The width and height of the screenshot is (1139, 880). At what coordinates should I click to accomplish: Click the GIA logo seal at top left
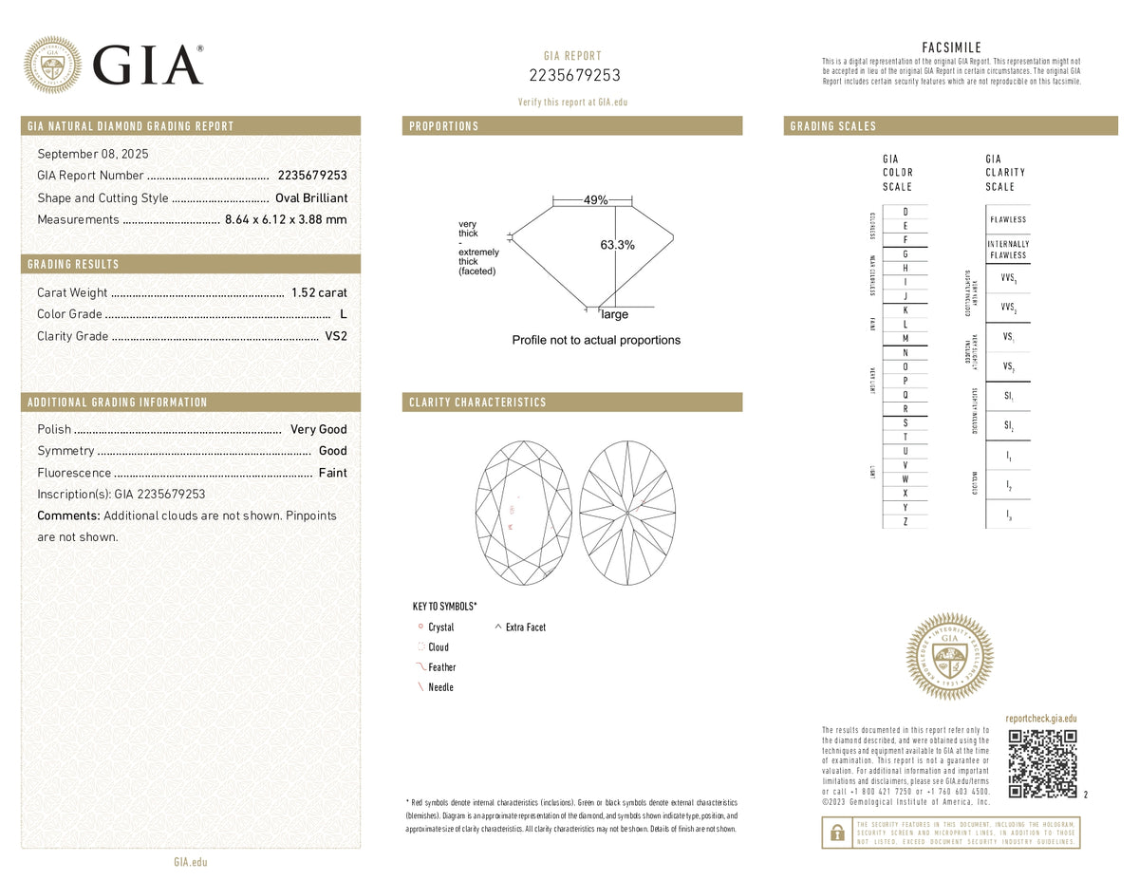[x=52, y=65]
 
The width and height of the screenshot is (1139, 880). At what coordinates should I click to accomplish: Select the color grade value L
[x=343, y=314]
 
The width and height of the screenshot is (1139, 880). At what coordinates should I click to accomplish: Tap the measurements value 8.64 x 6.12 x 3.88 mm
[x=286, y=220]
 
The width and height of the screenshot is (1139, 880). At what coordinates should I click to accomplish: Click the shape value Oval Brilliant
[x=311, y=198]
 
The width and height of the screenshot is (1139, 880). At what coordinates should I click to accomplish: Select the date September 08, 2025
[x=93, y=154]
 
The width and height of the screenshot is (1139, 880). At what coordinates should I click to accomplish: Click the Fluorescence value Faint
[x=332, y=473]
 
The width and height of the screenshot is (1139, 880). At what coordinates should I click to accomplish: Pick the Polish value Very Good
[x=319, y=429]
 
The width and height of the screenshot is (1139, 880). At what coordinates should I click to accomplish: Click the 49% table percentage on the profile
[x=596, y=200]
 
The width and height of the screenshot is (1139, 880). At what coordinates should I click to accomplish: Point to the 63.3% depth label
[x=618, y=245]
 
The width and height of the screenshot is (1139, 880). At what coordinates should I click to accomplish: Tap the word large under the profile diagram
[x=614, y=314]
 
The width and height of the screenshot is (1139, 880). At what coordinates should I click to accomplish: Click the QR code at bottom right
[x=1043, y=763]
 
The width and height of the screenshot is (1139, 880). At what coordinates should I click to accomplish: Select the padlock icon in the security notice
[x=837, y=833]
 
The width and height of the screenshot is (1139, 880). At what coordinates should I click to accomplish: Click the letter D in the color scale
[x=906, y=212]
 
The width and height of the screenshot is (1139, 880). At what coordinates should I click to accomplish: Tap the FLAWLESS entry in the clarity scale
[x=1007, y=219]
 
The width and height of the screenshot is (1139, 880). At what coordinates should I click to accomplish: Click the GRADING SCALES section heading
[x=833, y=126]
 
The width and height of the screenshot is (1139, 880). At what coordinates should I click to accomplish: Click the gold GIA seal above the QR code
[x=950, y=657]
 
